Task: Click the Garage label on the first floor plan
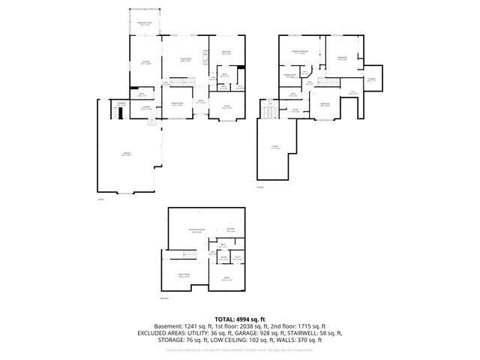tap(127, 154)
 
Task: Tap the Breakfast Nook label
tap(145, 25)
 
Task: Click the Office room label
tap(226, 107)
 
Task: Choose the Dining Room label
tap(178, 104)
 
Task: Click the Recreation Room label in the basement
tap(198, 230)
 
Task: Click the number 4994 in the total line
tap(247, 318)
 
